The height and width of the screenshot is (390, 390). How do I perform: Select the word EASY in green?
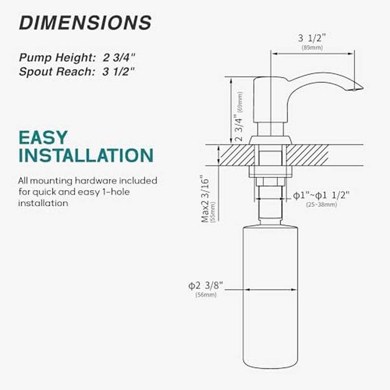pyautogui.click(x=43, y=137)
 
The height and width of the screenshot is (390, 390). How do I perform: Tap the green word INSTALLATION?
pyautogui.click(x=86, y=156)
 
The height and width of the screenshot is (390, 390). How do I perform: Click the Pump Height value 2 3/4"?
pyautogui.click(x=119, y=57)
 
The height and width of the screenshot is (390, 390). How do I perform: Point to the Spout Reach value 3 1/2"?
pyautogui.click(x=119, y=71)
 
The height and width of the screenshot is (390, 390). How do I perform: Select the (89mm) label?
pyautogui.click(x=312, y=48)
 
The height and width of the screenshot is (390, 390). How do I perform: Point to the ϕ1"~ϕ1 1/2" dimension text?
pyautogui.click(x=321, y=195)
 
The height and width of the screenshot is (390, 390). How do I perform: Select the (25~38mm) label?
pyautogui.click(x=322, y=204)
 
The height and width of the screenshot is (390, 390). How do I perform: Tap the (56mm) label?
pyautogui.click(x=206, y=295)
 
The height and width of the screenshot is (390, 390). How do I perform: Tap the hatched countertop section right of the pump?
pyautogui.click(x=307, y=155)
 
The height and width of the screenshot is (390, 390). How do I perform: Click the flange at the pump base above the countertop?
pyautogui.click(x=270, y=140)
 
